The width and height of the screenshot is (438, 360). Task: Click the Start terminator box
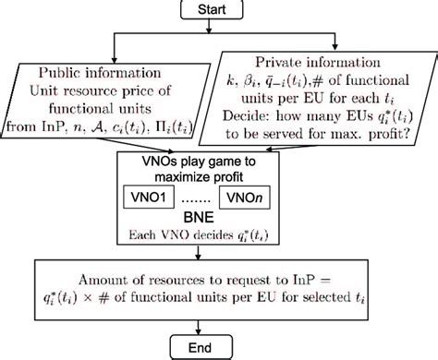(x=219, y=10)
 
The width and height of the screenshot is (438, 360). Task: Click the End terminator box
(x=219, y=347)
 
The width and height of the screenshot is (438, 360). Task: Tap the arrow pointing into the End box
(x=219, y=330)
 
